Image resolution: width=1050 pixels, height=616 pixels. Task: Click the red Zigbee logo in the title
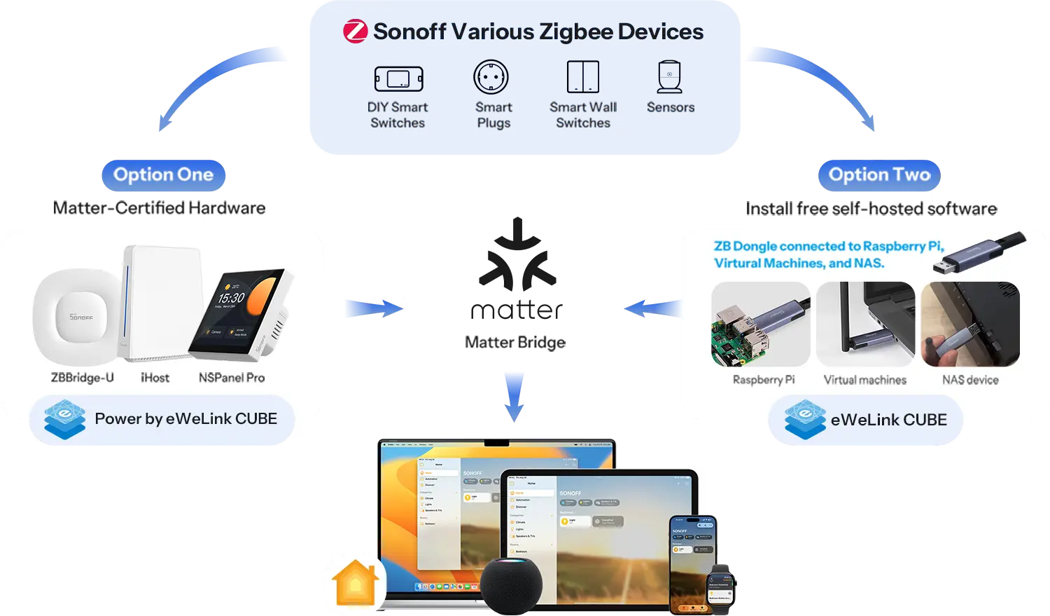pyautogui.click(x=355, y=32)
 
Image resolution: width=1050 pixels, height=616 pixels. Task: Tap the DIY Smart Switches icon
pyautogui.click(x=399, y=78)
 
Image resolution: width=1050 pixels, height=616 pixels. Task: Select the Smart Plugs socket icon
pyautogui.click(x=491, y=77)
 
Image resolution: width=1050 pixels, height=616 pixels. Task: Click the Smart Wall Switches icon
pyautogui.click(x=582, y=76)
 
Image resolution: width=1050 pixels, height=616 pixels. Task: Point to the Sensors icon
pyautogui.click(x=670, y=76)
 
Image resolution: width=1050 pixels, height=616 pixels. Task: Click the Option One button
pyautogui.click(x=163, y=174)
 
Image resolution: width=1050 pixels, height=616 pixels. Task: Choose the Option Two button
pyautogui.click(x=879, y=174)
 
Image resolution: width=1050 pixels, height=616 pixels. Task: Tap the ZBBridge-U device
pyautogui.click(x=78, y=316)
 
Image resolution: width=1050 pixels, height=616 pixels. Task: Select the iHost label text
pyautogui.click(x=155, y=378)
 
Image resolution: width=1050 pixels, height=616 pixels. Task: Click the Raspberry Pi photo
pyautogui.click(x=760, y=324)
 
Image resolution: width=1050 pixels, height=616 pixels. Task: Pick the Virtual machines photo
pyautogui.click(x=865, y=324)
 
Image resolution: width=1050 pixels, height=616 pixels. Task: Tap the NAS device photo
pyautogui.click(x=970, y=324)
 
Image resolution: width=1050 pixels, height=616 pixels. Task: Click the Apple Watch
pyautogui.click(x=721, y=589)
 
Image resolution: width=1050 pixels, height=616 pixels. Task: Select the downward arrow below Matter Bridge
pyautogui.click(x=514, y=397)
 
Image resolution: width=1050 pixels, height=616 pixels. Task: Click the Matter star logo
pyautogui.click(x=516, y=256)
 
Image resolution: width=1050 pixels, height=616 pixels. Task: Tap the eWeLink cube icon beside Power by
pyautogui.click(x=64, y=419)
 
